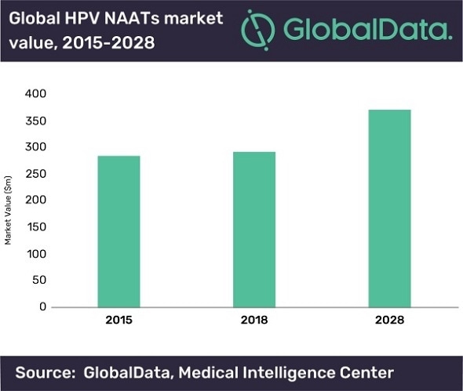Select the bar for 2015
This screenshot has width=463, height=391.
[118, 231]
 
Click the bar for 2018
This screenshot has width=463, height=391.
[254, 229]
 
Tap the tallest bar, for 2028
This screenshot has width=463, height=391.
[389, 208]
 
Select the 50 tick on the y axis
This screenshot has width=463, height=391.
[39, 281]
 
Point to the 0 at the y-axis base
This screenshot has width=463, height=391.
[43, 307]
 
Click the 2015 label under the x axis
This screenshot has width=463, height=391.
[118, 321]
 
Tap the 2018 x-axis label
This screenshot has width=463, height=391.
[254, 321]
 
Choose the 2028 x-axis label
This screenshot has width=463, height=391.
[389, 321]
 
